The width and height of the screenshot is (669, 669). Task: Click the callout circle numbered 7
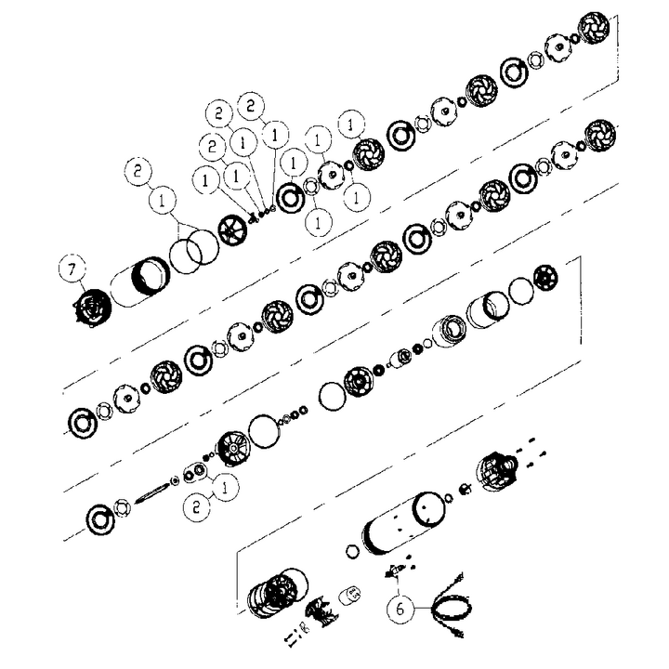point(72,269)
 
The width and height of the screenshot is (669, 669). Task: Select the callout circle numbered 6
point(400,609)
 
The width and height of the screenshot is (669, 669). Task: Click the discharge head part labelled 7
point(90,307)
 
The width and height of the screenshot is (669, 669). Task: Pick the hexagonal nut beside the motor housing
point(352,551)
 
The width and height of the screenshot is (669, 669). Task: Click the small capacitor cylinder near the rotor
point(350,595)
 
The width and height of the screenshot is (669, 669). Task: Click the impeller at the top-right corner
point(594,28)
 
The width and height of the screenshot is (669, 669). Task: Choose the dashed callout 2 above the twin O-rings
point(138,172)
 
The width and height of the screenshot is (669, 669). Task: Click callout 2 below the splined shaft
point(197,507)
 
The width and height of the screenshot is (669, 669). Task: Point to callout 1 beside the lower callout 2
point(225,486)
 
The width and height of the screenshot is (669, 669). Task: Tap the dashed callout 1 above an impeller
point(351,125)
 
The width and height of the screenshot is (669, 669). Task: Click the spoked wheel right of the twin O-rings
point(232,230)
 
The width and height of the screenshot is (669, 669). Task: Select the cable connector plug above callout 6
point(394,571)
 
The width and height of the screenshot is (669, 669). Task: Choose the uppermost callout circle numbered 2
point(251,105)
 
